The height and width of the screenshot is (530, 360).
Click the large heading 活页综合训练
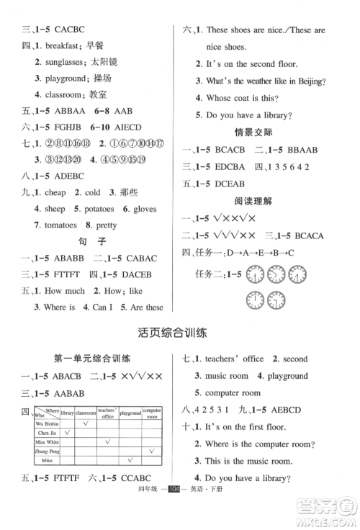[x=180, y=333]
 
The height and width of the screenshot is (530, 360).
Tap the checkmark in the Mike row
[x=130, y=459]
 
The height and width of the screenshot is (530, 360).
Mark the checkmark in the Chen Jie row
[x=67, y=433]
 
